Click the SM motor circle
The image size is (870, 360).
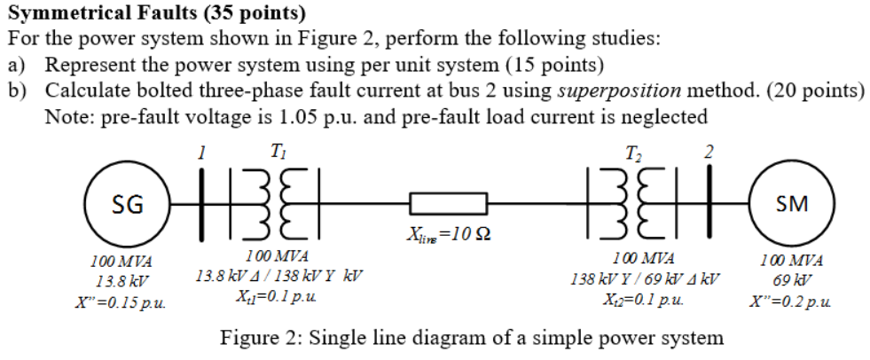click(x=791, y=204)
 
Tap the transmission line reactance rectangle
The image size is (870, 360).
click(x=447, y=205)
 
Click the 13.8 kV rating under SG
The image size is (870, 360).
click(x=121, y=282)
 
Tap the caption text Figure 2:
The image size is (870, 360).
click(x=261, y=338)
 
